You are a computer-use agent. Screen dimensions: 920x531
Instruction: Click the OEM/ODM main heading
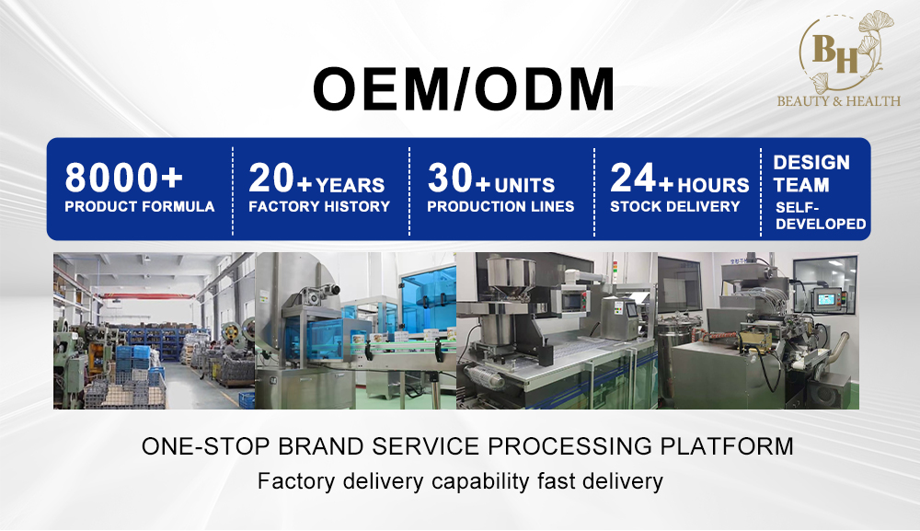(x=464, y=89)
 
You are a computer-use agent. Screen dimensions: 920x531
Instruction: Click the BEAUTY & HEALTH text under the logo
(x=838, y=101)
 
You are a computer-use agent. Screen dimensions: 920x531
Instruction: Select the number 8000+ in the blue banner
(x=124, y=178)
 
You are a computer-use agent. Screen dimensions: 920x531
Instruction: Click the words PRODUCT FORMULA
(x=140, y=206)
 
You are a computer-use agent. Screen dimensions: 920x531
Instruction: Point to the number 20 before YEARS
(x=271, y=178)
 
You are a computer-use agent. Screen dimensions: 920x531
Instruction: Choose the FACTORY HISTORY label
(x=319, y=206)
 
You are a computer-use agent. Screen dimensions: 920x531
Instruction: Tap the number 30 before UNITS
(x=450, y=178)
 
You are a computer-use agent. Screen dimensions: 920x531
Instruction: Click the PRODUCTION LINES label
(x=500, y=206)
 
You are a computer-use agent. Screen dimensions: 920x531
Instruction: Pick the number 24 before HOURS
(x=633, y=178)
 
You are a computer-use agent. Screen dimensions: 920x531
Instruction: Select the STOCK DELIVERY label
(x=674, y=206)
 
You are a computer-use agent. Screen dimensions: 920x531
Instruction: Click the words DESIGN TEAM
(x=811, y=174)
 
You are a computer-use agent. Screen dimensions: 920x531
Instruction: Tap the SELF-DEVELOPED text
(x=821, y=216)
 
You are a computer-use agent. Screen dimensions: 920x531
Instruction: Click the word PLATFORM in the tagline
(x=727, y=446)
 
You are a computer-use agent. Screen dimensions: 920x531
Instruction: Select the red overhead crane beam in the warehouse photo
(x=149, y=296)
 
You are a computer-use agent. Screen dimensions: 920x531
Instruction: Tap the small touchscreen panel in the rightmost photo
(x=826, y=300)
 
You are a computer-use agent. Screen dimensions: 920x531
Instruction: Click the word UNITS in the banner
(x=524, y=185)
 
